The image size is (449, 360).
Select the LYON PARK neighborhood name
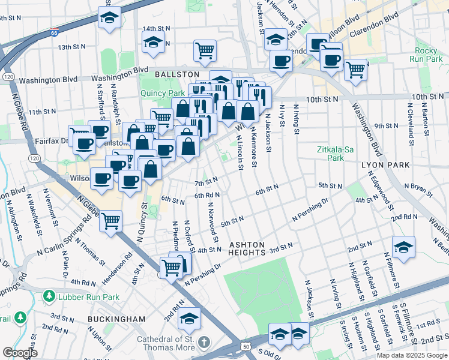pyautogui.click(x=385, y=164)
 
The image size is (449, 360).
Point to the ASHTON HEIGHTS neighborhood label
pyautogui.click(x=247, y=249)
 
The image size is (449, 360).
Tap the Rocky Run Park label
pyautogui.click(x=429, y=55)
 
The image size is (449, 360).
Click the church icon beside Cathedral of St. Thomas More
pyautogui.click(x=204, y=342)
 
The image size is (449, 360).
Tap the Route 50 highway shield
pyautogui.click(x=246, y=346)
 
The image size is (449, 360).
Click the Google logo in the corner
pyautogui.click(x=20, y=352)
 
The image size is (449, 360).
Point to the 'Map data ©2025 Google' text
pyautogui.click(x=411, y=355)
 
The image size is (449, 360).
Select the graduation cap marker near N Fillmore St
pyautogui.click(x=403, y=246)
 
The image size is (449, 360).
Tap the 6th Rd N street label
pyautogui.click(x=207, y=195)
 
